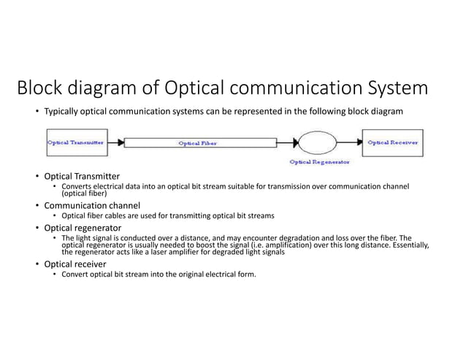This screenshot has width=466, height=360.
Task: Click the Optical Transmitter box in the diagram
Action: tap(75, 143)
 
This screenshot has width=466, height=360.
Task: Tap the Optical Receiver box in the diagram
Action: tap(392, 143)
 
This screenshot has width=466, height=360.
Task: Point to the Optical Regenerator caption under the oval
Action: tap(319, 161)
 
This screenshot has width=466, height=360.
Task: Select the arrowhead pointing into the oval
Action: tap(296, 143)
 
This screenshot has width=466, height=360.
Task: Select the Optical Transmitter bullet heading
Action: tap(82, 177)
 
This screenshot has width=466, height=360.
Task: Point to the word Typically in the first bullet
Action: tap(62, 110)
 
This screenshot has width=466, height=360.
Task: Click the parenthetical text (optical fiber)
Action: tap(84, 194)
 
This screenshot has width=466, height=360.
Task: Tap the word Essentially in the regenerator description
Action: tap(410, 245)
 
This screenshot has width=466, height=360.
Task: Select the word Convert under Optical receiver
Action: tap(76, 275)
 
